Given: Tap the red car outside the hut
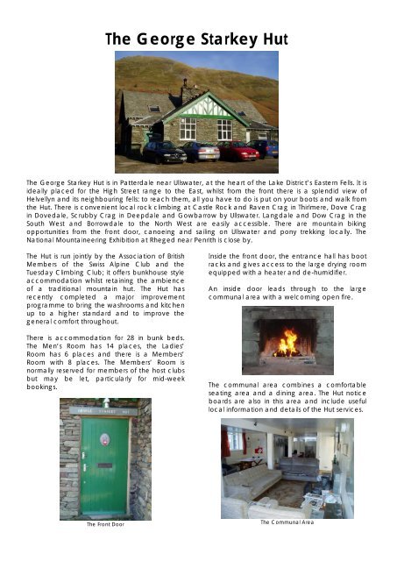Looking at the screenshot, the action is tap(238, 151).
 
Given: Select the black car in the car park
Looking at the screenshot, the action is tap(164, 152).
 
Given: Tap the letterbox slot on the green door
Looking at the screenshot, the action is tap(104, 465).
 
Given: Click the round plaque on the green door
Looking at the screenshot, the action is tap(105, 436).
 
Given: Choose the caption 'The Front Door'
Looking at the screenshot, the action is tap(105, 524).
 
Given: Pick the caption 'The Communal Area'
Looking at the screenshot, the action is tap(287, 522).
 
